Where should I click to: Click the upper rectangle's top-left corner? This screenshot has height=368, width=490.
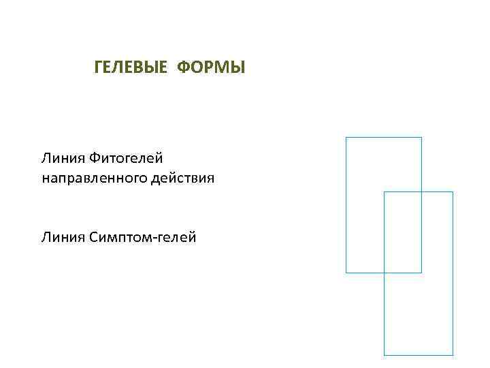click(x=346, y=138)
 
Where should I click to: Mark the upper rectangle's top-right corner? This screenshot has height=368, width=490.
click(x=421, y=138)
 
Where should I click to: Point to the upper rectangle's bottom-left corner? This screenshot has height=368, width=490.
click(x=346, y=273)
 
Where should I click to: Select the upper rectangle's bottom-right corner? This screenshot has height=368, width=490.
click(x=421, y=273)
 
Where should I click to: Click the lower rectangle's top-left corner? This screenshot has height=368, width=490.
click(x=385, y=192)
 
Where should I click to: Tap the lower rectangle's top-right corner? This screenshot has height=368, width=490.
click(x=453, y=192)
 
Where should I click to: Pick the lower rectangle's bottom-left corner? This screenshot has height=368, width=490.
click(x=385, y=355)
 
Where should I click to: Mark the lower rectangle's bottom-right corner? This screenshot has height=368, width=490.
click(x=453, y=355)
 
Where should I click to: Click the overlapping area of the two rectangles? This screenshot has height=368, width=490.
click(x=403, y=232)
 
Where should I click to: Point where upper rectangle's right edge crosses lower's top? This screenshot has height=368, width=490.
click(x=421, y=192)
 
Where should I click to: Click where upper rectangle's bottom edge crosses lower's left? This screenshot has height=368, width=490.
click(x=385, y=273)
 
